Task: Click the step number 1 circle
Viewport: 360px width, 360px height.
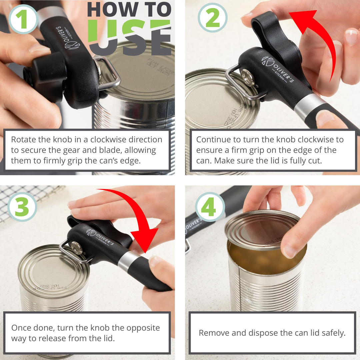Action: click(23, 19)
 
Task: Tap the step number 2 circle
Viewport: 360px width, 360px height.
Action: click(212, 17)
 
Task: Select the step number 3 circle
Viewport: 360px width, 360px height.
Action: click(22, 207)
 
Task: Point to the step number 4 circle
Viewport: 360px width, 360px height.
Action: click(210, 207)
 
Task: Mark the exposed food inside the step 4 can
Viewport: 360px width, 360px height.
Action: click(253, 258)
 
